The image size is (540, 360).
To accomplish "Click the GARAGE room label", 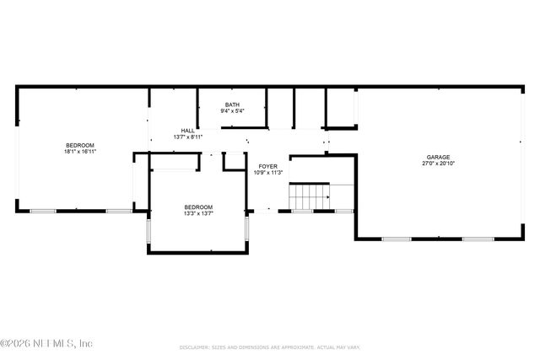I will (x=437, y=158).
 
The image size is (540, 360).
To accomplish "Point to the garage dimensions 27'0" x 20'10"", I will (x=437, y=164).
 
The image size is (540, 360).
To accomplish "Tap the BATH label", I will (x=232, y=104).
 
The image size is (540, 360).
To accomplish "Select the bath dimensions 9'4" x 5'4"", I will (x=232, y=110).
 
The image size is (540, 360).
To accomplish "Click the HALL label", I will (x=187, y=131).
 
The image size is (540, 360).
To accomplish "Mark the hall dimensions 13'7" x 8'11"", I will (x=187, y=137).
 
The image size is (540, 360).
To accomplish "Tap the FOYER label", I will (x=268, y=166).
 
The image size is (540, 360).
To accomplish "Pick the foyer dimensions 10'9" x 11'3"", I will (x=268, y=173).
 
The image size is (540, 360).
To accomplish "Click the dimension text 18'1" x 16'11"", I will (x=80, y=152).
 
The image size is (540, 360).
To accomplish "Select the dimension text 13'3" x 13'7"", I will (x=198, y=214).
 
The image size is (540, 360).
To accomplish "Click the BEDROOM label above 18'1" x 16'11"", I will (x=80, y=145).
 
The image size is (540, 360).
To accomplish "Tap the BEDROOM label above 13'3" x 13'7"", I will (x=198, y=207).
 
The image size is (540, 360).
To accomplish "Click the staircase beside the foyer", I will (x=309, y=197).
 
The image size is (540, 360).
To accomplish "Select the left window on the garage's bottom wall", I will (x=397, y=239).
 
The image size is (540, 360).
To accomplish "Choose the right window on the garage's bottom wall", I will (x=477, y=239).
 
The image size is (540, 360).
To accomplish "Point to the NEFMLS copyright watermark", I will (x=46, y=344).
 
